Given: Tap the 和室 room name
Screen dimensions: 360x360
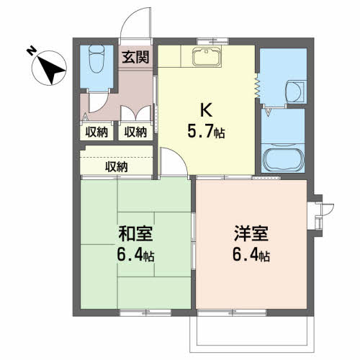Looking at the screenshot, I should [134, 235].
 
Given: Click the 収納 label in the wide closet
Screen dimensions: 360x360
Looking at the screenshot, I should [117, 167].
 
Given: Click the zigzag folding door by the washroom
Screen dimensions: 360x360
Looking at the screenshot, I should [256, 86].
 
